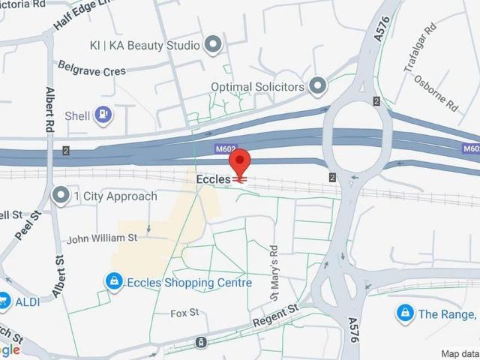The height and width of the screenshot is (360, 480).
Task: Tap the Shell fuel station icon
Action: pyautogui.click(x=104, y=115)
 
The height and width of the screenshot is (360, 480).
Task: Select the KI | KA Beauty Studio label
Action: pyautogui.click(x=145, y=46)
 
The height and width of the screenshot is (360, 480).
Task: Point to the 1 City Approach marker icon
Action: pyautogui.click(x=60, y=196)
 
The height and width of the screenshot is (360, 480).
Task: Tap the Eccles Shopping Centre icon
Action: pyautogui.click(x=112, y=282)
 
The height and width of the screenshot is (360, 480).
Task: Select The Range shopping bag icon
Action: pyautogui.click(x=405, y=313)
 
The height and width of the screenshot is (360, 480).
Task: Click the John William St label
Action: pyautogui.click(x=102, y=238)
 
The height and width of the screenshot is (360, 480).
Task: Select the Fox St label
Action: pyautogui.click(x=184, y=312)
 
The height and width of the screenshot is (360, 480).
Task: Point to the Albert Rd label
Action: pyautogui.click(x=50, y=109)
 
